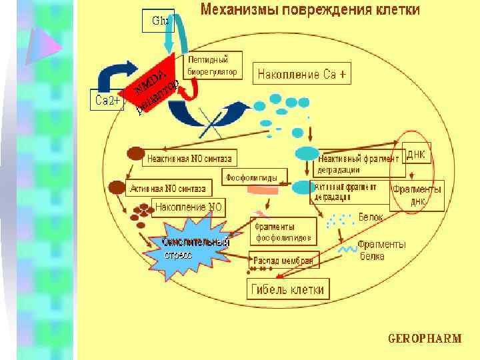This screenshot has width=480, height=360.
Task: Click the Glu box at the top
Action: (159, 21)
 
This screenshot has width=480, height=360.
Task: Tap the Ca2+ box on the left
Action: (107, 100)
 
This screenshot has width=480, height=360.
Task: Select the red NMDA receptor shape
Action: (152, 83)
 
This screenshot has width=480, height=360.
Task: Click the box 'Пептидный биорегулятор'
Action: (213, 64)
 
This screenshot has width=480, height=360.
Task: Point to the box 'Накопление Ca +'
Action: (301, 74)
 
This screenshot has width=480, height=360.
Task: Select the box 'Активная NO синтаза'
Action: (171, 187)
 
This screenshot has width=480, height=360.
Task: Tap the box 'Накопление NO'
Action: (189, 207)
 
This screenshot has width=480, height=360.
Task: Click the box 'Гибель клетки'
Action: (288, 289)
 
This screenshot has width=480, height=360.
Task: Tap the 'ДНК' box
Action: (416, 155)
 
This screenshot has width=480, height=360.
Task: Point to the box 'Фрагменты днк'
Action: (416, 195)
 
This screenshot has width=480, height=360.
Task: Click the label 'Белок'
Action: (371, 217)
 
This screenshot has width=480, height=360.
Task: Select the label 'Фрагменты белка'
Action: (381, 250)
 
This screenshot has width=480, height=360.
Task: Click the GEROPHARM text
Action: (425, 338)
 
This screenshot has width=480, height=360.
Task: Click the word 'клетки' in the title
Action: (395, 10)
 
